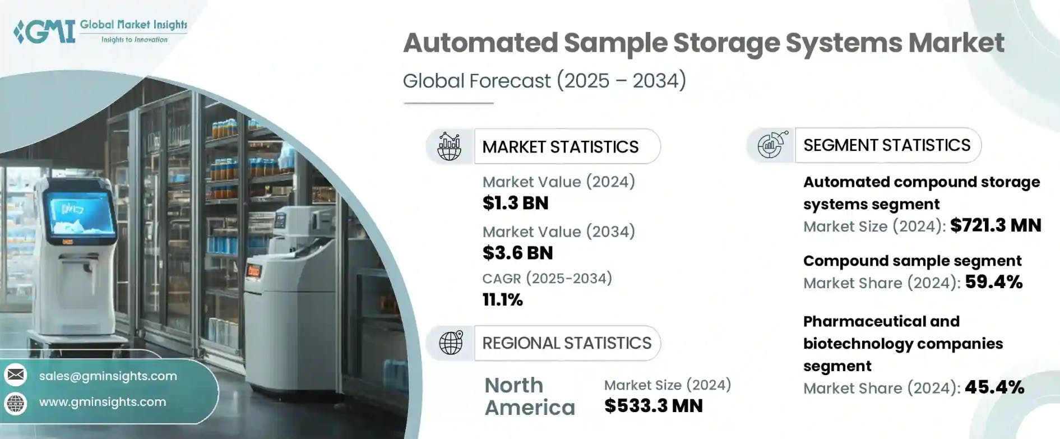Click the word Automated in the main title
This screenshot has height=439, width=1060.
click(480, 43)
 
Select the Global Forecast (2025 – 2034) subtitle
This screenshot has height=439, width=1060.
click(544, 81)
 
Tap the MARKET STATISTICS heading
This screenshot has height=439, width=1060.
click(560, 147)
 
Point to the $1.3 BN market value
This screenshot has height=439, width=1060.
click(515, 203)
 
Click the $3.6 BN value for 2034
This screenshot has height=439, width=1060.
click(517, 253)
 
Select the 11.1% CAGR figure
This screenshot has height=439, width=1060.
click(502, 300)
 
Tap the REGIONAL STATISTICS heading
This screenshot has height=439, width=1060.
click(567, 343)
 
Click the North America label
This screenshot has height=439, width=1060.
click(530, 396)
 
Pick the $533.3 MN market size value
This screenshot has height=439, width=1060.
click(653, 406)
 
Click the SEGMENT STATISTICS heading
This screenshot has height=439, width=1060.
click(887, 145)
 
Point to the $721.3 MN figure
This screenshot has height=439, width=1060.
click(996, 225)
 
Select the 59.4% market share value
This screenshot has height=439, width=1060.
click(994, 281)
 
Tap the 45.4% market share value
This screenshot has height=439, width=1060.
click(994, 387)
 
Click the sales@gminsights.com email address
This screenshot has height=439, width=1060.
click(108, 376)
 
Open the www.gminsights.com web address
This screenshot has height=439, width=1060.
click(103, 402)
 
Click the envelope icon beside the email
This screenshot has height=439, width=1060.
click(16, 375)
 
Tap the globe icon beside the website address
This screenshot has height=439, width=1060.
click(16, 403)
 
